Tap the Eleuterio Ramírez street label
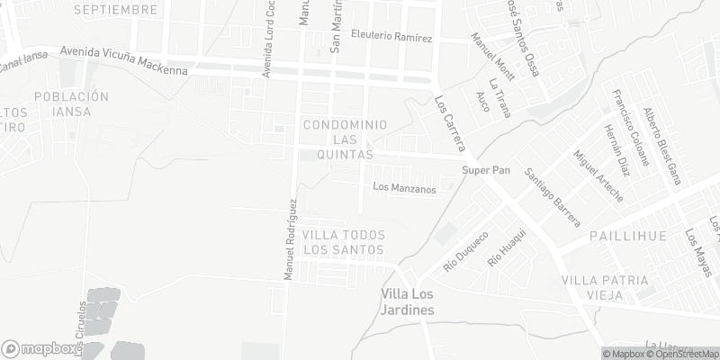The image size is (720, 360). [392, 39]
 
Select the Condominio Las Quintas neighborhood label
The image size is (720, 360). [346, 139]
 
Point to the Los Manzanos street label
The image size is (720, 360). [404, 189]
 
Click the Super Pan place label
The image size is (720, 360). [487, 171]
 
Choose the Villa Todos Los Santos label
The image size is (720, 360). [344, 241]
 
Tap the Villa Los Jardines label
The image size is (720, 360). [408, 301]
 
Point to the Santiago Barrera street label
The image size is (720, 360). [554, 197]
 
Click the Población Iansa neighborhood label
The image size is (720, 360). [70, 103]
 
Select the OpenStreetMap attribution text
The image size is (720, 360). [684, 354]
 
